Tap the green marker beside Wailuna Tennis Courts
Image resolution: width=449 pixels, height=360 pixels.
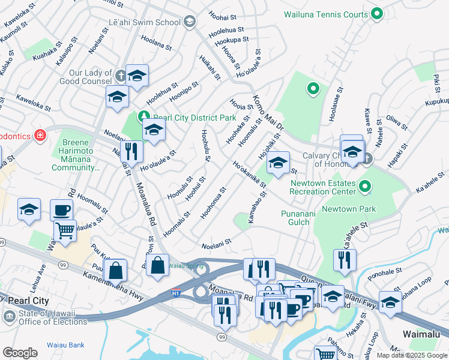coord(377,13)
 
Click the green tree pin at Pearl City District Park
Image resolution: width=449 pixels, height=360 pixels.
coord(143,116)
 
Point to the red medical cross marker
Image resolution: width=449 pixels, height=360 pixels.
coord(40,136)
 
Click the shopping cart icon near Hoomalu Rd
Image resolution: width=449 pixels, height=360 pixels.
coord(64,230)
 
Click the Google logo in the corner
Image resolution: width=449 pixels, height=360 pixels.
coord(20,352)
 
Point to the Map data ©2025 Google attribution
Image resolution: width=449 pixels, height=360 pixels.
coord(411,355)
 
